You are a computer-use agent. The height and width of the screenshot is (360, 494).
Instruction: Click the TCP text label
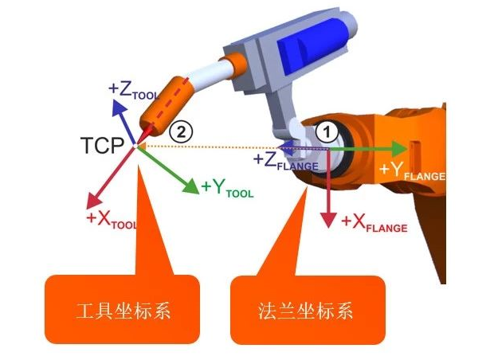103,146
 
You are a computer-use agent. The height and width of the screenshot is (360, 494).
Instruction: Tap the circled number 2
181,131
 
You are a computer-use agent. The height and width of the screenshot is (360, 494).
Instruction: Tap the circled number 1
327,132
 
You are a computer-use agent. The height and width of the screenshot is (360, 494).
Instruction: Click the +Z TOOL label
134,91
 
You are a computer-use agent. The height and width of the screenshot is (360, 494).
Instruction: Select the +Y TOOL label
227,188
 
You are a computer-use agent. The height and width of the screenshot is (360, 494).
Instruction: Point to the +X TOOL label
112,219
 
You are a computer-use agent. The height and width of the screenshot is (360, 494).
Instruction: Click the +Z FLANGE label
286,161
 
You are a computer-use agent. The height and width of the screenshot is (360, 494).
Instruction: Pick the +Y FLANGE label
413,171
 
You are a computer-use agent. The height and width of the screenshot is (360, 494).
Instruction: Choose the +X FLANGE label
374,223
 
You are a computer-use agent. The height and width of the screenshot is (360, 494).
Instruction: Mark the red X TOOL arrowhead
93,201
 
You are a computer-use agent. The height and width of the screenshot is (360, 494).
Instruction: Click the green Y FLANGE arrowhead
400,149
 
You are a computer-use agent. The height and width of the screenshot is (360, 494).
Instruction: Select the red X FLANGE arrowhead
328,220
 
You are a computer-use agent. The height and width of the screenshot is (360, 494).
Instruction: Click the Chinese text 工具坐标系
123,311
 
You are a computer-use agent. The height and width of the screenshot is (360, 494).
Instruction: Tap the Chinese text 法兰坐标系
305,311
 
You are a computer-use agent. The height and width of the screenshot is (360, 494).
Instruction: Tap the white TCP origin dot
135,146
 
